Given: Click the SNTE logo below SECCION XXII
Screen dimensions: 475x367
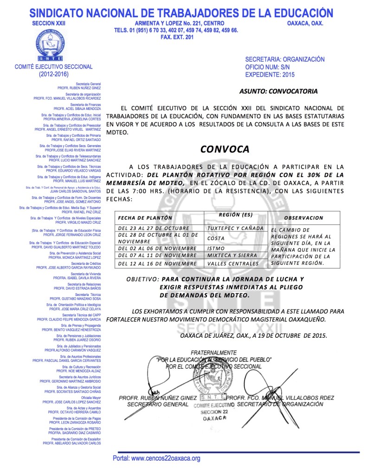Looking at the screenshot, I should point(53,45).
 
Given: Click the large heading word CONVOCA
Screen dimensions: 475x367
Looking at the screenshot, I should point(225,149).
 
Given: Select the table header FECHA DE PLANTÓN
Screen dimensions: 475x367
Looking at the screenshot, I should point(145,218).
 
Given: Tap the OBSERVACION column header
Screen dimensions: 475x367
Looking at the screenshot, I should point(303,218).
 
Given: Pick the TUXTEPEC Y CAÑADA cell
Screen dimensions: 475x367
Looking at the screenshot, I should point(236,228).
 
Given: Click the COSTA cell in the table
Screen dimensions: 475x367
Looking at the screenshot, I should point(216,238).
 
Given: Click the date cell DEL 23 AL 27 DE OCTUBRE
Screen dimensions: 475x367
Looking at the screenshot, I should point(151,228).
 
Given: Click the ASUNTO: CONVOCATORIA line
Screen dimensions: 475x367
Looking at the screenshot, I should point(279,91).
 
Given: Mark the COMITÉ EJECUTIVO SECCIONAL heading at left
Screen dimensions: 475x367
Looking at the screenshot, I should point(54,67).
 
